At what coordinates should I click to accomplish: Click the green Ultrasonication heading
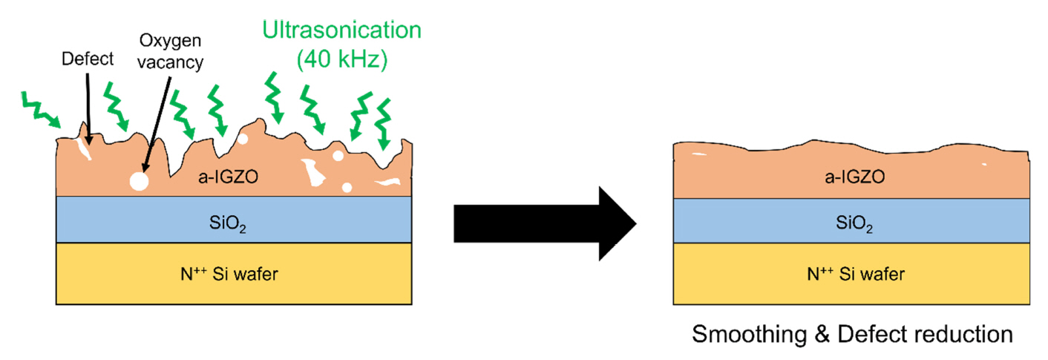[342, 30]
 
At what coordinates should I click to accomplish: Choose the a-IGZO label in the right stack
[849, 177]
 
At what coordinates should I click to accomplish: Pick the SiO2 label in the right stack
[849, 221]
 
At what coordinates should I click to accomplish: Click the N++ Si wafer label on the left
[232, 275]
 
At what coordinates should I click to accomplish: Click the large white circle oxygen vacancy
[138, 180]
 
